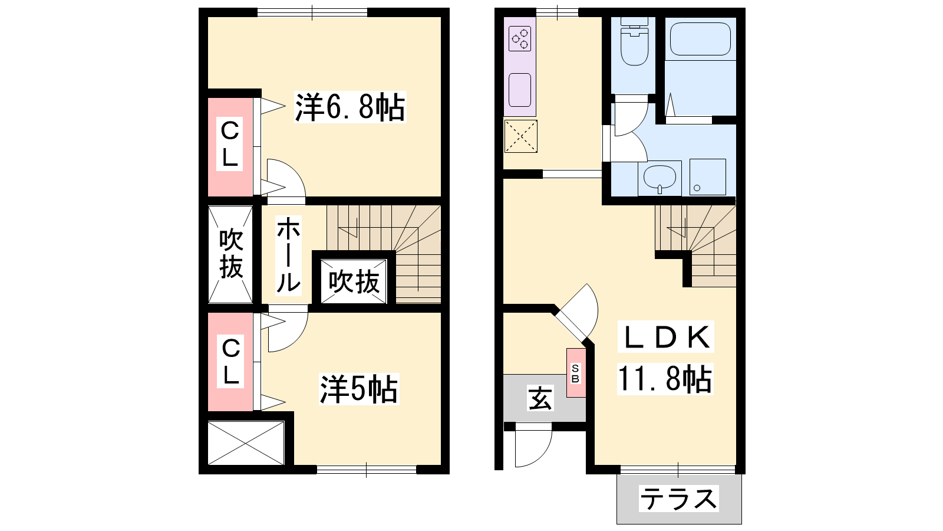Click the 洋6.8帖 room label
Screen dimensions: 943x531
click(350, 107)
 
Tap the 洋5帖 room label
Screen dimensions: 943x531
click(359, 389)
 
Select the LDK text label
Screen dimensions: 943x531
click(665, 337)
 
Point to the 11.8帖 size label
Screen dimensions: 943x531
click(665, 379)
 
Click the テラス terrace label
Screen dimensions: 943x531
click(678, 499)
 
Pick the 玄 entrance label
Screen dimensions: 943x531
click(540, 398)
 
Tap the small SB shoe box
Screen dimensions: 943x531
click(576, 373)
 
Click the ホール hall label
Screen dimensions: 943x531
click(288, 254)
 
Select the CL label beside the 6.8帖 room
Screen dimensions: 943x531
click(229, 144)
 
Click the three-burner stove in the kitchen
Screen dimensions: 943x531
click(520, 39)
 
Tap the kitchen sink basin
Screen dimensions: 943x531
click(520, 90)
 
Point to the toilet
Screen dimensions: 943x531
click(634, 41)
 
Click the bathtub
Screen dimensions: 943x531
click(700, 39)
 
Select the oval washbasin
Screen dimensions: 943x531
click(660, 176)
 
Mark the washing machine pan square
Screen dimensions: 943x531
click(708, 177)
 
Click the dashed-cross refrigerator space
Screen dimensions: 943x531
click(521, 136)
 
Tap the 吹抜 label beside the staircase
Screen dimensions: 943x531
click(354, 281)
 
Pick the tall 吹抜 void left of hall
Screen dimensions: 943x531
click(230, 254)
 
